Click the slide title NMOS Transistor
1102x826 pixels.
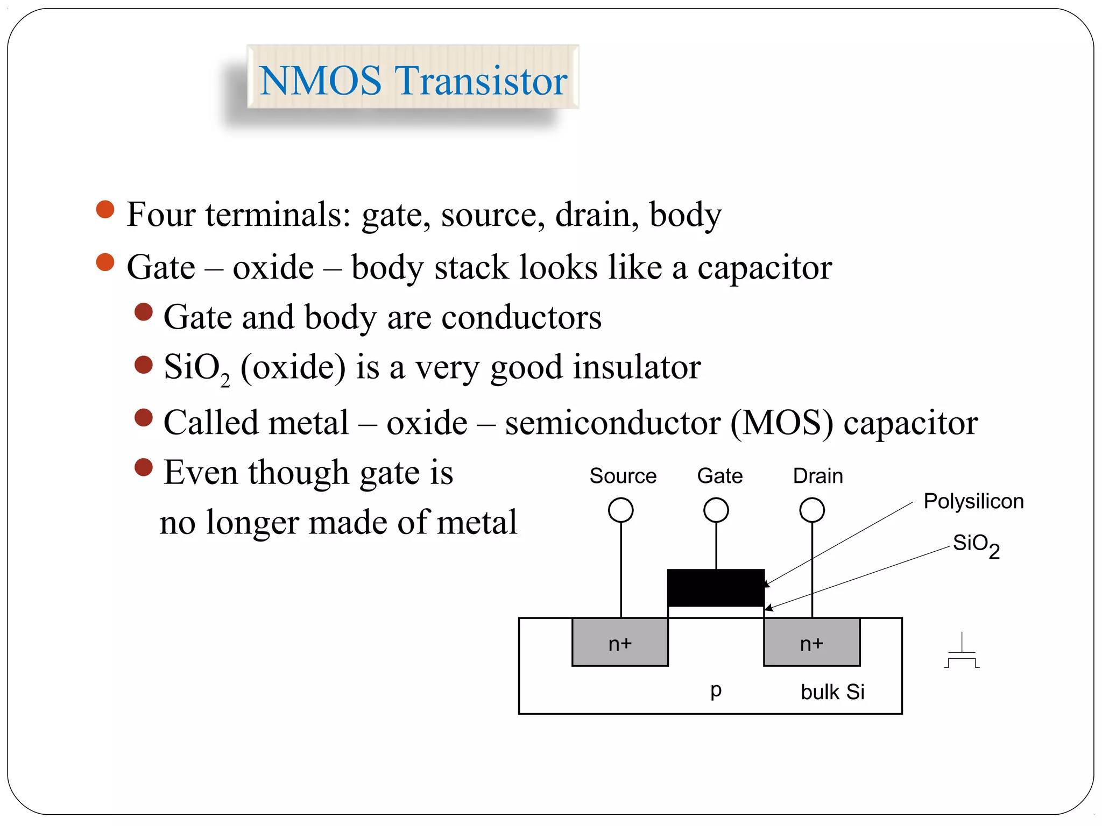pos(413,80)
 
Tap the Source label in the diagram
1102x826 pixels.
pos(623,476)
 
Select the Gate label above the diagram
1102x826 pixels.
pos(719,476)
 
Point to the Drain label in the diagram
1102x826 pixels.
pos(817,476)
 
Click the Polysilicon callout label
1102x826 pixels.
pos(973,501)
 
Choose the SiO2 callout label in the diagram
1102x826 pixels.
pos(976,545)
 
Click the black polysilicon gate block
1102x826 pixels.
pos(716,587)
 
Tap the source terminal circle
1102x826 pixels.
pos(620,510)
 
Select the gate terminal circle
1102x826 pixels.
pos(716,510)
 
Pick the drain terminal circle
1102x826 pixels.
pos(812,510)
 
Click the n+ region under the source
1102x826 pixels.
pos(620,643)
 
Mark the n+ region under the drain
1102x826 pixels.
pos(811,643)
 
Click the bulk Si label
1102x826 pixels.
pos(832,692)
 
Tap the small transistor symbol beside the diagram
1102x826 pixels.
pos(962,652)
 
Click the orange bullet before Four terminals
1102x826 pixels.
pos(105,210)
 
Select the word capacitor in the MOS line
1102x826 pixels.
pos(910,423)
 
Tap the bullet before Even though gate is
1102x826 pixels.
pos(144,467)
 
